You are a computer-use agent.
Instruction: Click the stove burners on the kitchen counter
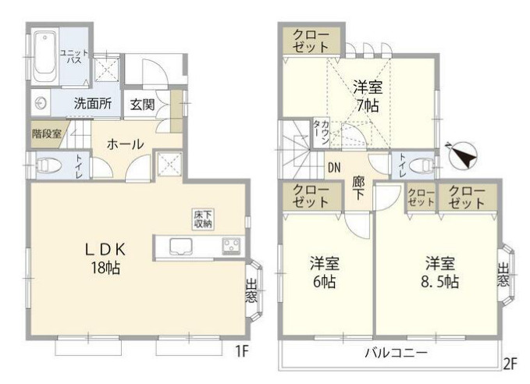point(231,247)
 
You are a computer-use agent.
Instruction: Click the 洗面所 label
point(92,103)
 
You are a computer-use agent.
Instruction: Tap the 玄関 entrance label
point(143,103)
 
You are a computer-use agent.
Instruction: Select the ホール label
point(123,144)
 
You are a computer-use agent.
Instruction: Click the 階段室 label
point(46,133)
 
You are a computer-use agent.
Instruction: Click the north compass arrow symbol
point(464,155)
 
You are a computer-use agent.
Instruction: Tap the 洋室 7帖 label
point(365,94)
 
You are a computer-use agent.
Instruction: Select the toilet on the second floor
point(422,164)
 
